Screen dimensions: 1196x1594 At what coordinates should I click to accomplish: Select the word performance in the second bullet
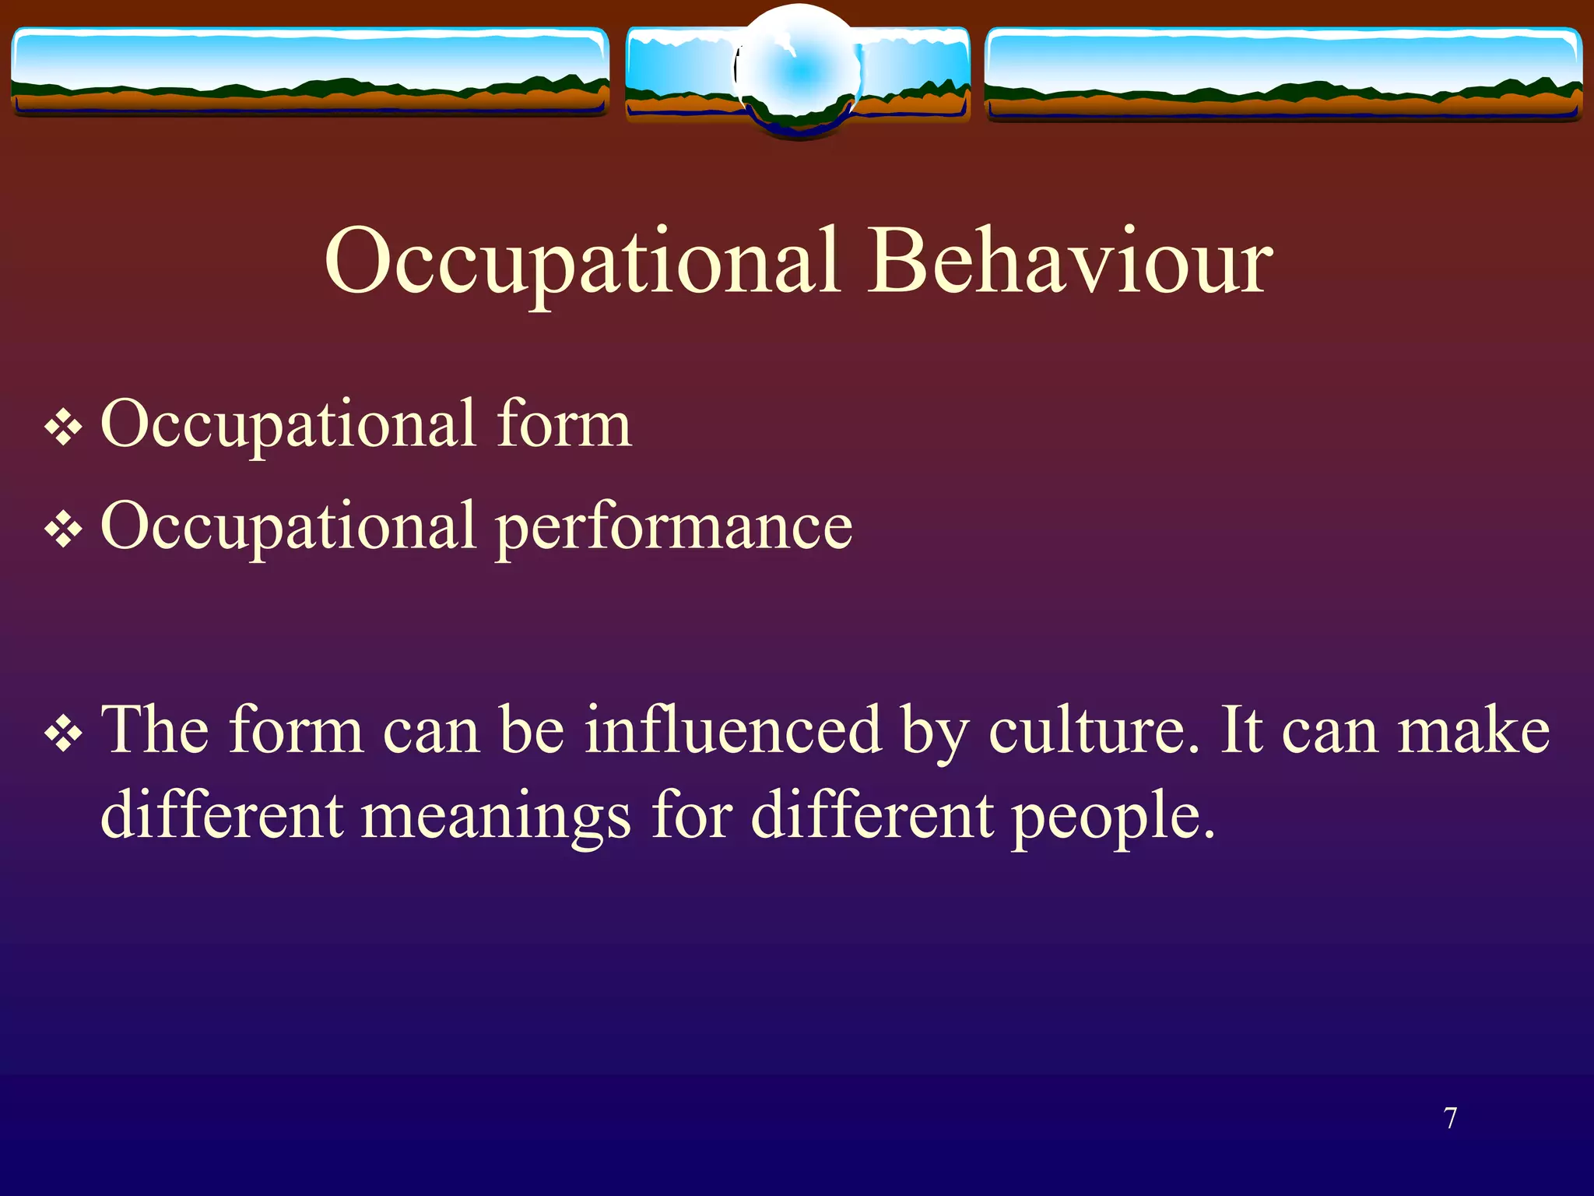point(674,527)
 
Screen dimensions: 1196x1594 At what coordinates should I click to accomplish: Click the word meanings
point(496,816)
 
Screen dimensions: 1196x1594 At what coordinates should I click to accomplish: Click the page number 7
point(1451,1118)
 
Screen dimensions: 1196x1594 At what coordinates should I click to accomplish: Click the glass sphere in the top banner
point(799,72)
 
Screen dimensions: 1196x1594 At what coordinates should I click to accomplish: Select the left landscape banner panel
point(310,72)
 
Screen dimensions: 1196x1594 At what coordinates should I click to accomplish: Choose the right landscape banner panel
point(1283,73)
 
